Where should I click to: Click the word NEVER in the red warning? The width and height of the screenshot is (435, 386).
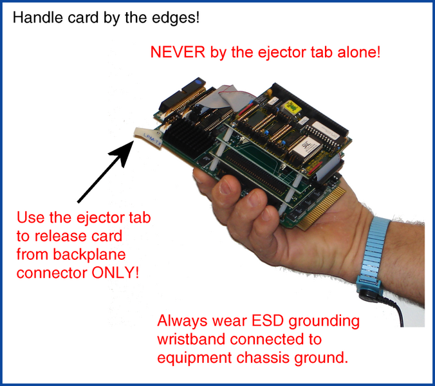point(178,52)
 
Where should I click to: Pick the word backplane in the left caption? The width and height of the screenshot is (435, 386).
point(89,255)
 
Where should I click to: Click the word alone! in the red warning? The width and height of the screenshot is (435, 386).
point(358,52)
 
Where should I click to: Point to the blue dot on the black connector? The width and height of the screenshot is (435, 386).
point(198,82)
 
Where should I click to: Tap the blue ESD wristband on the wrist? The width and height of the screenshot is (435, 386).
point(372,255)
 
